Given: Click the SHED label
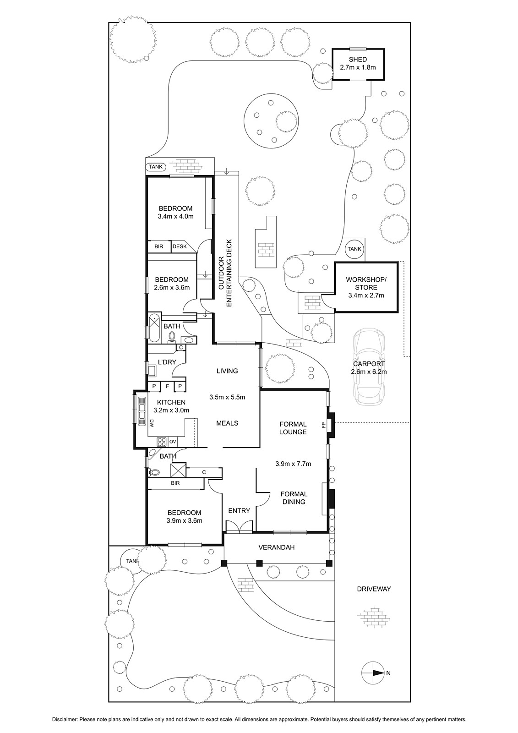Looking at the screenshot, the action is point(358,60).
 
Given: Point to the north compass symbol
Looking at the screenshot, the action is point(372,673).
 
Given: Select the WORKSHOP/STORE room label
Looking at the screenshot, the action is point(366,284).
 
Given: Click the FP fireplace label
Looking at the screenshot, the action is point(324,426).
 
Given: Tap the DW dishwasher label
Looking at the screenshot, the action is point(152,423).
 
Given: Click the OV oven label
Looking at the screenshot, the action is point(173,442).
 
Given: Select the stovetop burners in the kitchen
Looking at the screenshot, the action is point(162,442).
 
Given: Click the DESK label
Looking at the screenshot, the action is point(180,246).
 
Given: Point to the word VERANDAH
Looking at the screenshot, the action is point(277,547).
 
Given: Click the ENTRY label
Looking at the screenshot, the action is point(239,510).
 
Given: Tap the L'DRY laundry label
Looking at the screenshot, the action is point(167,362).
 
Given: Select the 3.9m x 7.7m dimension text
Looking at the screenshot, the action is point(293,464).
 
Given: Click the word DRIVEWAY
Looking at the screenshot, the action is point(374,589).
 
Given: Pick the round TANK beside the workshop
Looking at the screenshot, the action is point(354,249).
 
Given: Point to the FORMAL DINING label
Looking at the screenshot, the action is point(294,498).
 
